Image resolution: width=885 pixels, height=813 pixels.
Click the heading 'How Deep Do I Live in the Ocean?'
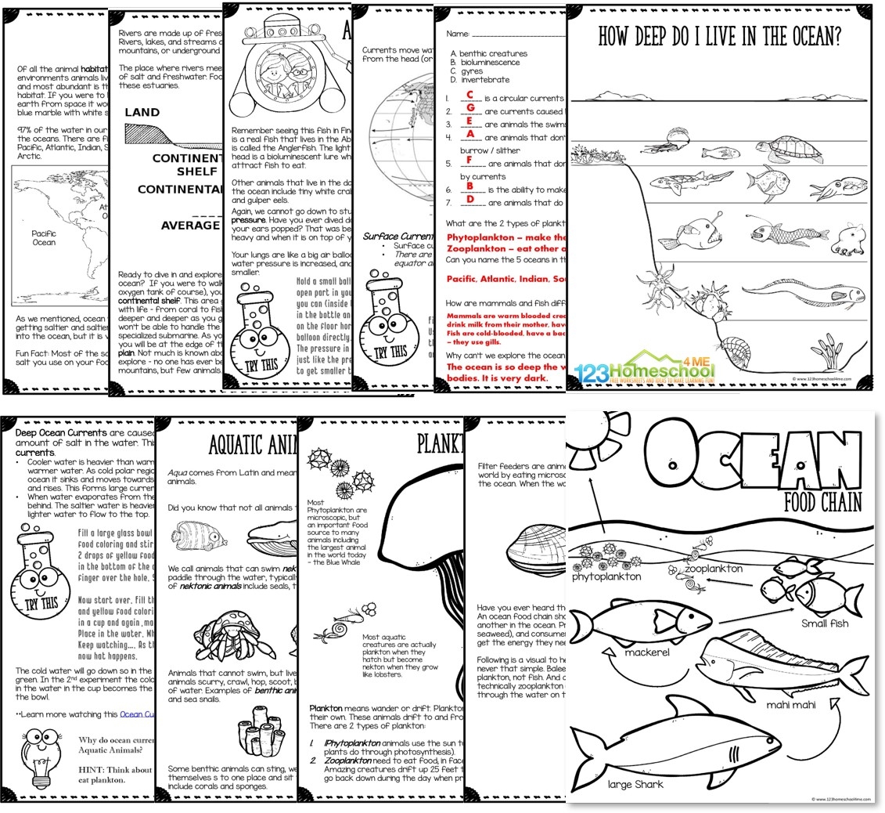721,37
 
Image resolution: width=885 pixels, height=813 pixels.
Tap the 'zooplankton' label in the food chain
714,568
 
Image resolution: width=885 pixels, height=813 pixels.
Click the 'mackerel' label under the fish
646,652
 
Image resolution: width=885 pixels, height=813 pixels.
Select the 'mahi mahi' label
791,704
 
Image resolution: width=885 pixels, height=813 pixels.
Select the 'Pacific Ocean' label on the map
44,237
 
